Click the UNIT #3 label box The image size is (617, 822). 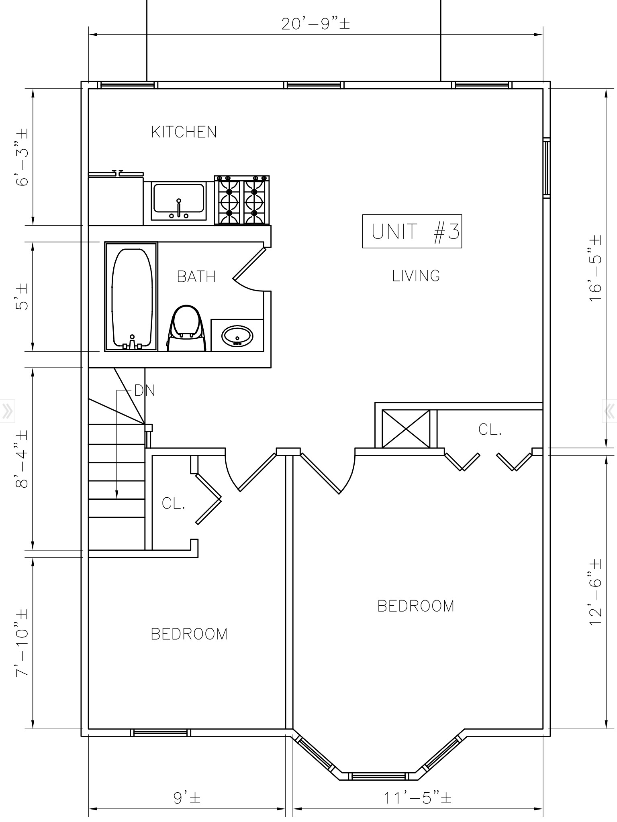point(412,231)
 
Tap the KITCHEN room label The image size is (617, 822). point(184,132)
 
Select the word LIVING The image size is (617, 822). point(416,276)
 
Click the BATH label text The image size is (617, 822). point(196,277)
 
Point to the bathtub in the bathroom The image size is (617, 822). point(131,297)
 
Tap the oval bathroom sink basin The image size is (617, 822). point(238,336)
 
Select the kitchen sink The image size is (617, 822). point(178,201)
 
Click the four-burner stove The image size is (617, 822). point(242,200)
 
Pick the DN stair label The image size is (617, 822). point(145,390)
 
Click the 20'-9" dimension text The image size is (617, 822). point(316,24)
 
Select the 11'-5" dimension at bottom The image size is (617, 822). point(417,798)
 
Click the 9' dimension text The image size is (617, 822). point(187,798)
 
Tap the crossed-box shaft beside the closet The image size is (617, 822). point(406,429)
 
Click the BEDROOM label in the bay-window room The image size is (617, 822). point(416,606)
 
